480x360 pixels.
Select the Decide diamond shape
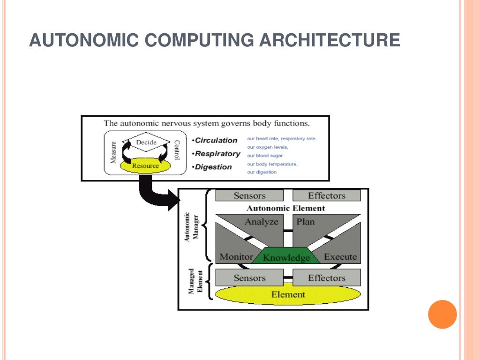(146, 142)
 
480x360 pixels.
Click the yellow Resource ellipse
(145, 165)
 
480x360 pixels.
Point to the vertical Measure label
(113, 153)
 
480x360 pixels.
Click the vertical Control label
(177, 150)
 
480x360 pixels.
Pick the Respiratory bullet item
(217, 154)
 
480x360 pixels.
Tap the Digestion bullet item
(213, 167)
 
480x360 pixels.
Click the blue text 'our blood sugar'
(265, 156)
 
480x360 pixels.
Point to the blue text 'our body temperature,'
(272, 164)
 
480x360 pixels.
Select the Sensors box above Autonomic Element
(249, 195)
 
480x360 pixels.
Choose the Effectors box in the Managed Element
(327, 278)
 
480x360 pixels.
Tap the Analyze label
(261, 222)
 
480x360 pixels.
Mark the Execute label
(340, 256)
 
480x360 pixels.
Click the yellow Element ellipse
(288, 295)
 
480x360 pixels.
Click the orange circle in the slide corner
(442, 314)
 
